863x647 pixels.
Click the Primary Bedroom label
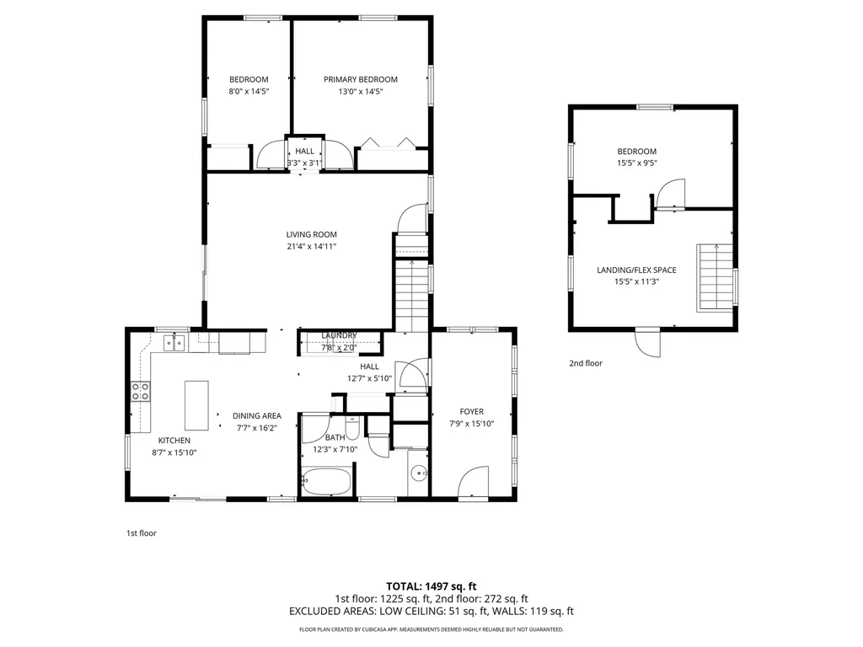click(361, 79)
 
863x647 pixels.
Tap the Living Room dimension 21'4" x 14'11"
click(312, 247)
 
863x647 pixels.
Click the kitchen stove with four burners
click(141, 391)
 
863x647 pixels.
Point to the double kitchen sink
click(174, 342)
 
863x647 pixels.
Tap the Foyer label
click(471, 411)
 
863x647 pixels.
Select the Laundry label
click(339, 335)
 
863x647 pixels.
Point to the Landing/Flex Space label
click(637, 270)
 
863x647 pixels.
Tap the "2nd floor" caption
click(586, 363)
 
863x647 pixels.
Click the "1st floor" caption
click(141, 532)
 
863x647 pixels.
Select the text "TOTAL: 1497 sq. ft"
click(431, 586)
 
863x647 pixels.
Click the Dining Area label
click(257, 415)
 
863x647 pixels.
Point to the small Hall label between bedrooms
click(304, 151)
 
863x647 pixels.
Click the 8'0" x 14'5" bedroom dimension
click(249, 92)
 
